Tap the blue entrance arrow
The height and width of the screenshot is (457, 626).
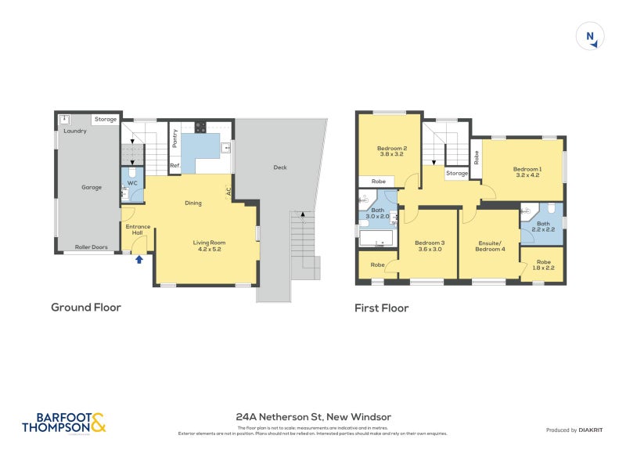click(x=139, y=259)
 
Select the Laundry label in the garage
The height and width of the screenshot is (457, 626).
click(x=75, y=131)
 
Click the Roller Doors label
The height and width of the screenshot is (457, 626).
click(x=90, y=247)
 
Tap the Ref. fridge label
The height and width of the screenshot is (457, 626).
click(x=176, y=165)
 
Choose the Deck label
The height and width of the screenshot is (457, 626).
click(x=280, y=167)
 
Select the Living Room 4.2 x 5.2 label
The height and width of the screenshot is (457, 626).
click(x=209, y=246)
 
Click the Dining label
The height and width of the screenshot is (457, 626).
click(x=193, y=203)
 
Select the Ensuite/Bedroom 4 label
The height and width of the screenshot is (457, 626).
click(x=491, y=246)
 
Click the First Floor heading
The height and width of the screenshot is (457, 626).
click(x=381, y=308)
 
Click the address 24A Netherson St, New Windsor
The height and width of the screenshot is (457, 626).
click(x=313, y=417)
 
